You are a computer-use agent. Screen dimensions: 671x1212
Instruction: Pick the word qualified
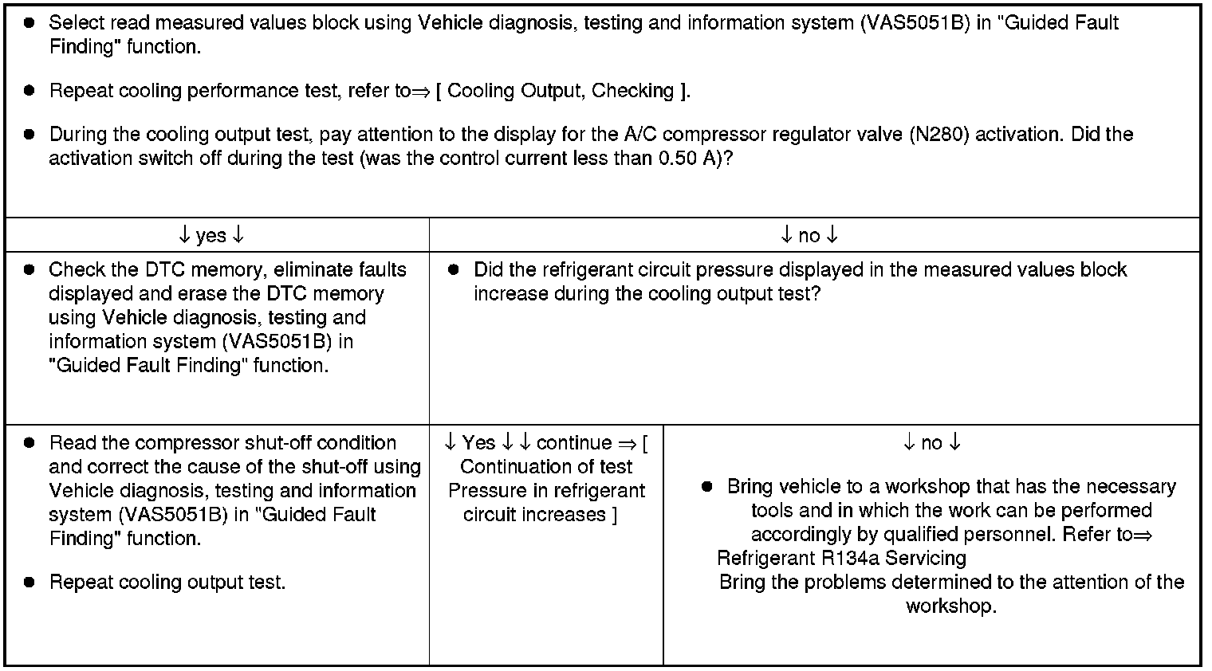tap(928, 534)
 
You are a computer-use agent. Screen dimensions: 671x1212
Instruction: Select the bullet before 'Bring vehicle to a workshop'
tap(707, 487)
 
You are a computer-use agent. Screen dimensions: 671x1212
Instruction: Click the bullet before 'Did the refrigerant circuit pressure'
tap(454, 270)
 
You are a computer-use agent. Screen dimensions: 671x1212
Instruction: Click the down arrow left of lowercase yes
tap(184, 235)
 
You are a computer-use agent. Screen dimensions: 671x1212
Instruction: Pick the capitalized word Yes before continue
tap(478, 442)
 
